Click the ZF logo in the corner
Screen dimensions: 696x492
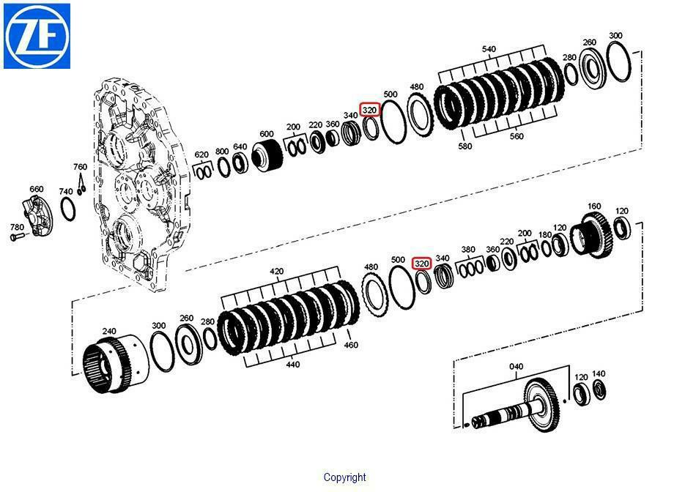click(37, 36)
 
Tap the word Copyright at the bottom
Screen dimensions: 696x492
click(345, 477)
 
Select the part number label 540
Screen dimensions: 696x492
click(488, 49)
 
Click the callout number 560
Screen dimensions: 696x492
click(517, 136)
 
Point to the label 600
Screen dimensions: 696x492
click(267, 134)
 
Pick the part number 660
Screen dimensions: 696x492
click(37, 189)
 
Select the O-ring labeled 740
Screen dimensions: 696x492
click(67, 209)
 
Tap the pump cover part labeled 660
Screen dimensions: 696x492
click(37, 215)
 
